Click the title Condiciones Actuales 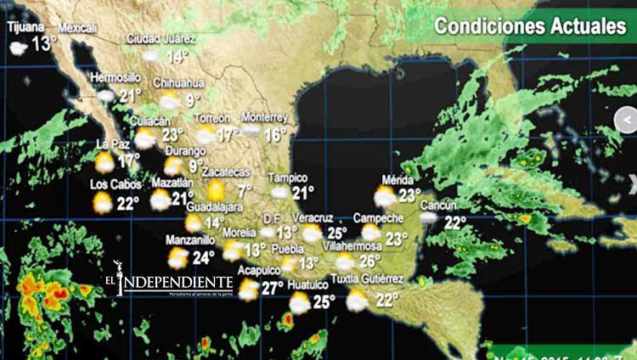click(529, 26)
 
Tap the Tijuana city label click(26, 26)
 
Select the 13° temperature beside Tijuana click(44, 43)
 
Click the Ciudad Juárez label click(161, 38)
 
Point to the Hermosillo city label click(115, 77)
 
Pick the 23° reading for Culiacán click(172, 134)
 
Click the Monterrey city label click(264, 116)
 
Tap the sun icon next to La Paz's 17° click(104, 161)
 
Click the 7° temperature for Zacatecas click(245, 191)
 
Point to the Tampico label click(287, 177)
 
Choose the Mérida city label click(397, 180)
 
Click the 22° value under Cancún click(455, 222)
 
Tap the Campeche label click(378, 217)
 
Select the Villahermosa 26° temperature click(369, 261)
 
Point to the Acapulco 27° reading click(272, 288)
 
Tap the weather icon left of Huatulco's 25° click(300, 302)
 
